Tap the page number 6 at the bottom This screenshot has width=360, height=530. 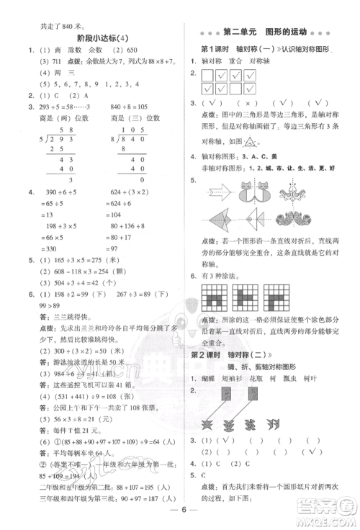click(179, 515)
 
